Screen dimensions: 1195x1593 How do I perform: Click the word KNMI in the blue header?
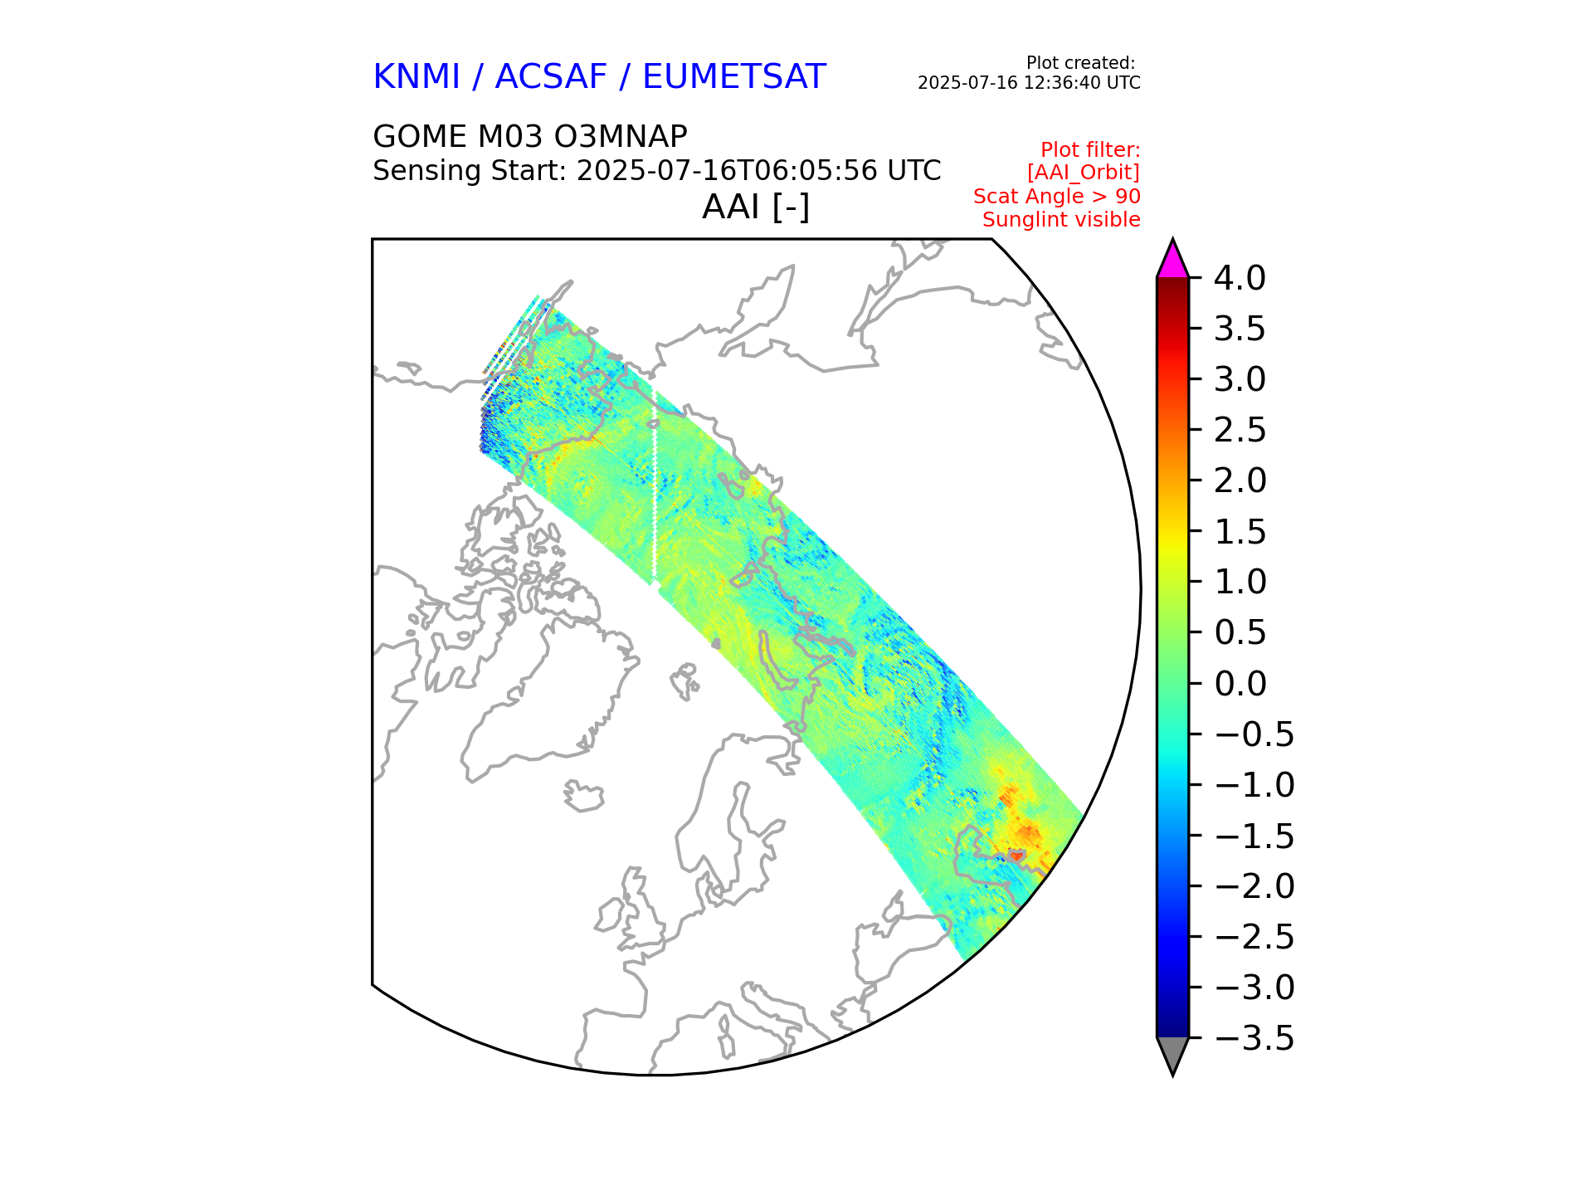click(416, 77)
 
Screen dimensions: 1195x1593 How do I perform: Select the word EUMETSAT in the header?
click(733, 77)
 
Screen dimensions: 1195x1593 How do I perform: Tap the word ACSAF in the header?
click(551, 77)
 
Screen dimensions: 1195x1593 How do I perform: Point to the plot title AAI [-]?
click(755, 207)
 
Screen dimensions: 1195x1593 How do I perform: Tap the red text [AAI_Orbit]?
click(1083, 173)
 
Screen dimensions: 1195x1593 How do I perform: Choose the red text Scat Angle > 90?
click(1056, 197)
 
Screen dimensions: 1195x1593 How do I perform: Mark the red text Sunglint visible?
click(1061, 220)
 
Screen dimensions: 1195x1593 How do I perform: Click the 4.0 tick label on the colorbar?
click(1240, 278)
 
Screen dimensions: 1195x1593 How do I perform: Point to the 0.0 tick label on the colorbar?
click(1240, 684)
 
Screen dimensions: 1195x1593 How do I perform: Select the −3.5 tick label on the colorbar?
click(1254, 1038)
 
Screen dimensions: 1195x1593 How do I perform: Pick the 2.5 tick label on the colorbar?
click(1240, 430)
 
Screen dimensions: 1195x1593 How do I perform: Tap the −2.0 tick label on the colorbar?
click(1254, 886)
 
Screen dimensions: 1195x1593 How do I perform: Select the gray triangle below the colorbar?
click(1172, 1053)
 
